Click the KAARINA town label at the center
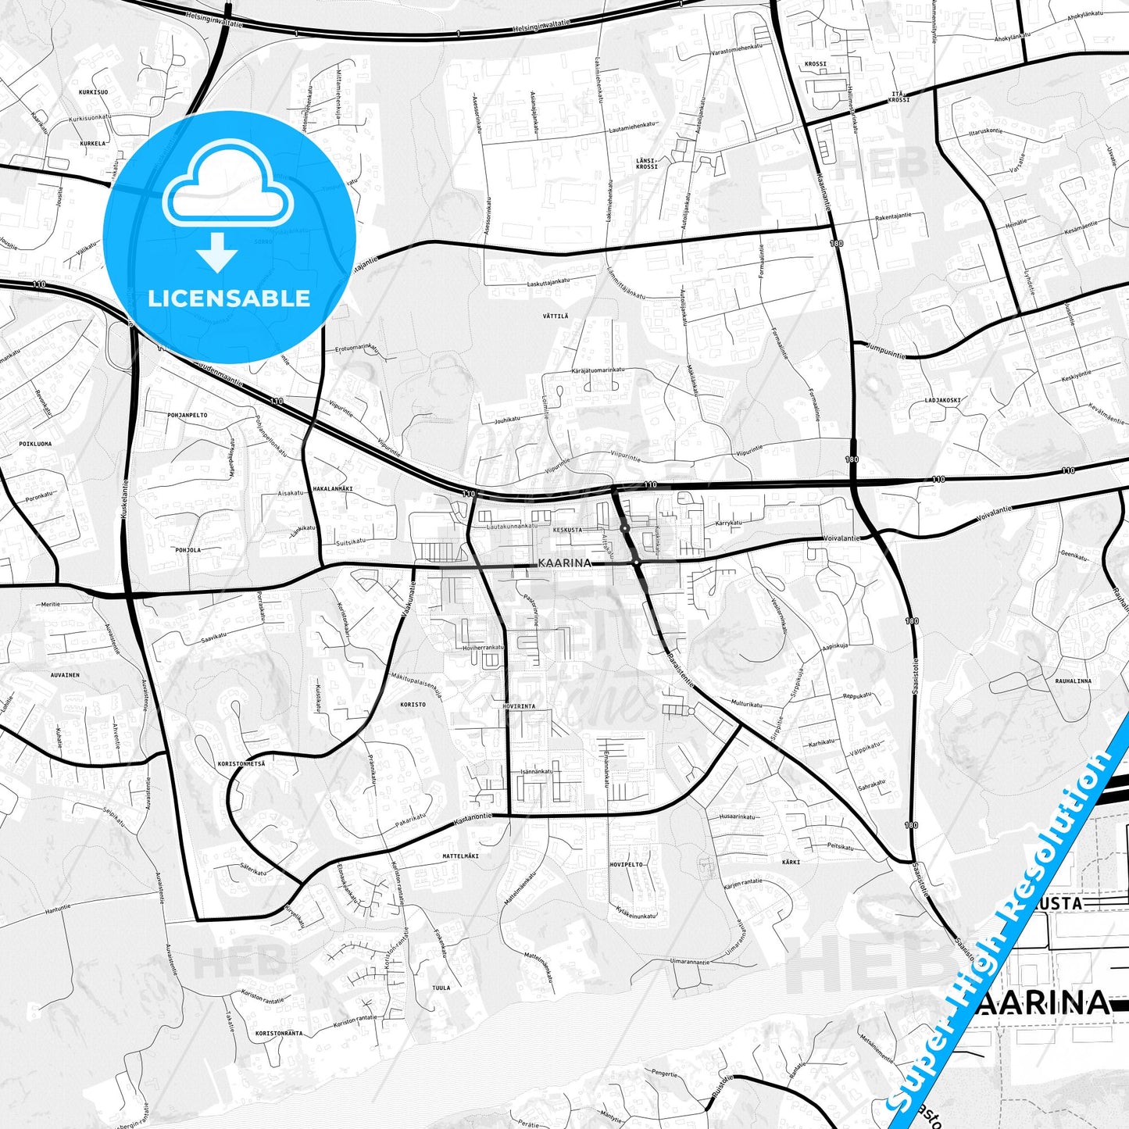pos(565,563)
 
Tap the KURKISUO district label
pos(93,92)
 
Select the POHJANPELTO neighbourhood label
pos(188,415)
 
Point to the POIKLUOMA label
pos(35,444)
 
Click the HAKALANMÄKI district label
pos(333,489)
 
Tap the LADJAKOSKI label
pos(942,400)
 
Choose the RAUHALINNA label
pos(1074,681)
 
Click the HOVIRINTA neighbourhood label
pos(520,706)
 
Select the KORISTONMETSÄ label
pos(241,763)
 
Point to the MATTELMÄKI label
pos(461,856)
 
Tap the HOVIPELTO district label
pos(627,865)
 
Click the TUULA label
pos(441,988)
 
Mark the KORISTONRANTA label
pos(279,1033)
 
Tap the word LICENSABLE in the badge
pos(229,298)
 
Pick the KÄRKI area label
pos(791,862)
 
